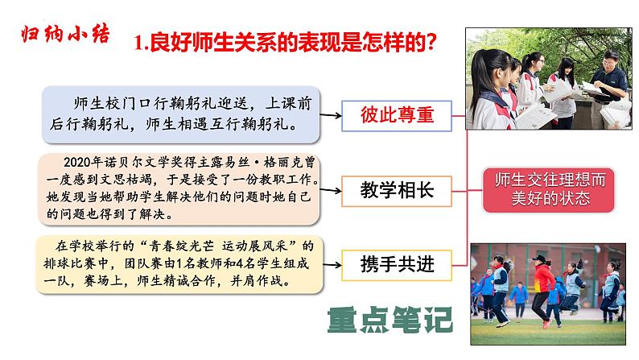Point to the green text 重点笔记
(390, 319)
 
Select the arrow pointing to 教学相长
(330, 190)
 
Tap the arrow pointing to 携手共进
(330, 261)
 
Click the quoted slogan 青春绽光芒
(160, 243)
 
